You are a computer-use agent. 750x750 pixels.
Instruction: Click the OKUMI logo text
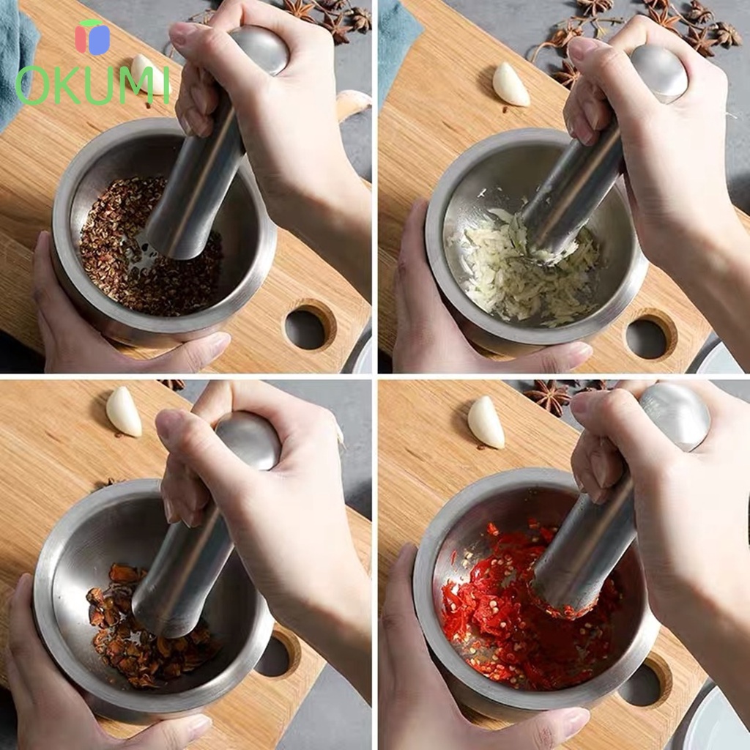[92, 85]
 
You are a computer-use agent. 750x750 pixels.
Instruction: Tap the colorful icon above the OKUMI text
[92, 37]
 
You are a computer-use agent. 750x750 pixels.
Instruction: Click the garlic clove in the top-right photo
[510, 84]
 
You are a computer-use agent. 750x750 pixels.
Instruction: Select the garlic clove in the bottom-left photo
[124, 412]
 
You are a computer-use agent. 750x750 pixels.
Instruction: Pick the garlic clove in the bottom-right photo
[486, 423]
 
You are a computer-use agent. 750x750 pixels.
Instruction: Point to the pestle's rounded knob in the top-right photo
[660, 73]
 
